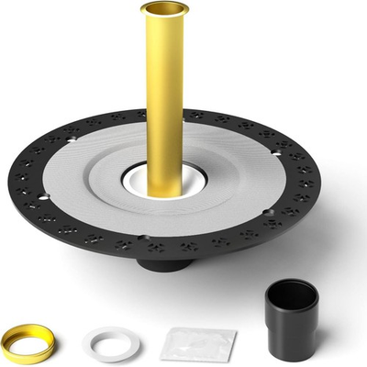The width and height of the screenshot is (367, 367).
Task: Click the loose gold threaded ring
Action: pos(26,343)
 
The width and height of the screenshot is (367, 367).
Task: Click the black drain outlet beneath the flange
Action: pos(165,263)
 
